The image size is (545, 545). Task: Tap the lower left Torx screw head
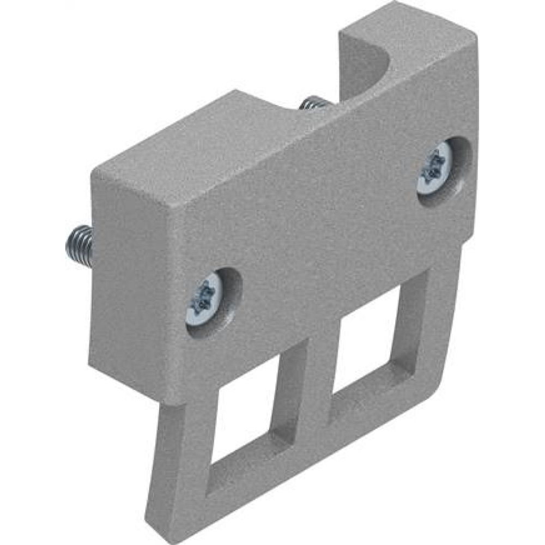click(204, 299)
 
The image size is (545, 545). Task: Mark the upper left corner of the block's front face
click(173, 210)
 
